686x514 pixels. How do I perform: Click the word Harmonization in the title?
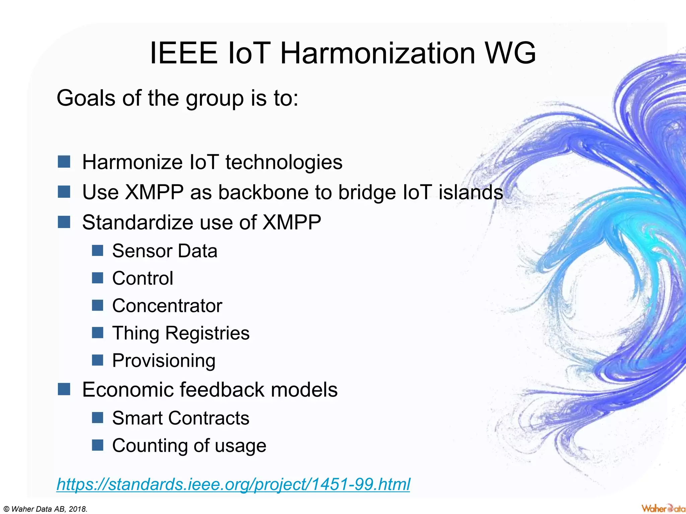pos(378,53)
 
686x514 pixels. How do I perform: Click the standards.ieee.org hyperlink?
pos(233,484)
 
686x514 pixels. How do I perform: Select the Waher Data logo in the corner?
pos(663,508)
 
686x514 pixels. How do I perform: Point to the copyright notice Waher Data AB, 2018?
pos(44,509)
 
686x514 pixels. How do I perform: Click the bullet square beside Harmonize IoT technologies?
pos(64,162)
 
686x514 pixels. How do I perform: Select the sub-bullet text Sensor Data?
pos(164,251)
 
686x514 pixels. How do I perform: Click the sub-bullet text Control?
pos(143,278)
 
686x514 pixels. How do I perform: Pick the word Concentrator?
pos(167,306)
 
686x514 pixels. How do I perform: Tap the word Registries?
pos(207,333)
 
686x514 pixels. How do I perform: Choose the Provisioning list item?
pos(164,361)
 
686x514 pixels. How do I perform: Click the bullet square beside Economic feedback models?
pos(64,389)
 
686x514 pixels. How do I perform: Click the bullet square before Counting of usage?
pos(97,445)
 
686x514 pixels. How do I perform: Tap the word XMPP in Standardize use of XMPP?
pos(292,223)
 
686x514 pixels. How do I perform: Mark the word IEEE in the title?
pos(184,53)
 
